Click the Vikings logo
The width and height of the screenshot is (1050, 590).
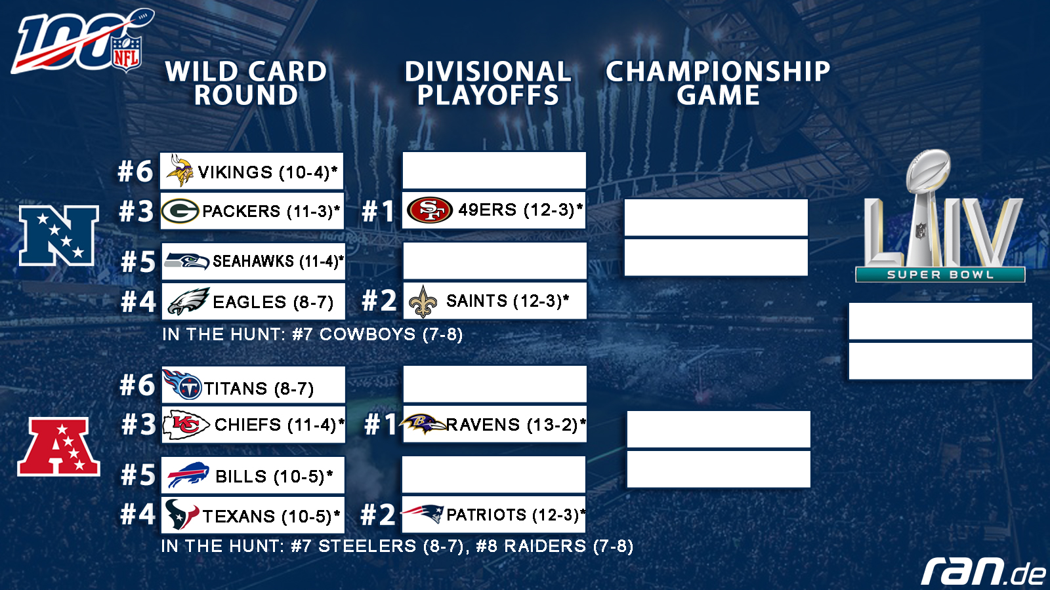coord(180,170)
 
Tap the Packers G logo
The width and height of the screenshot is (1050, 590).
coord(180,211)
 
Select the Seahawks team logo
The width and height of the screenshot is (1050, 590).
coord(186,260)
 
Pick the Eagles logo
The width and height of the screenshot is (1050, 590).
coord(188,301)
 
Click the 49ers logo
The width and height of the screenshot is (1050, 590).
coord(429,209)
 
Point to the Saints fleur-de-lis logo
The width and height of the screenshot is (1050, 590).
coord(423,302)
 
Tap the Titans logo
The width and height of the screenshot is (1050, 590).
coord(182,384)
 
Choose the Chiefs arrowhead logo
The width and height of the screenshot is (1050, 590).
coord(186,425)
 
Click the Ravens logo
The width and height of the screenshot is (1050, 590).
coord(423,423)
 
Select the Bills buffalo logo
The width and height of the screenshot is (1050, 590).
coord(188,475)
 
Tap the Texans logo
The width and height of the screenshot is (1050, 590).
coord(181,514)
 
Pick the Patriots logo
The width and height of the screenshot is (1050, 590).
coord(423,514)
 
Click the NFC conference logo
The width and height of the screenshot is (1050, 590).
coord(58,235)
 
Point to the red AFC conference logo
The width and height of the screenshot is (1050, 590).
coord(58,447)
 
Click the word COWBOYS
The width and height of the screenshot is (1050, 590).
coord(367,334)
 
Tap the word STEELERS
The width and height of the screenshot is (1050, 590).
coord(367,546)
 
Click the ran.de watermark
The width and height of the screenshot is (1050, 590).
coord(983,571)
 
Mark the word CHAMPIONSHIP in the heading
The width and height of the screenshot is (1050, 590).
coord(718,71)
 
